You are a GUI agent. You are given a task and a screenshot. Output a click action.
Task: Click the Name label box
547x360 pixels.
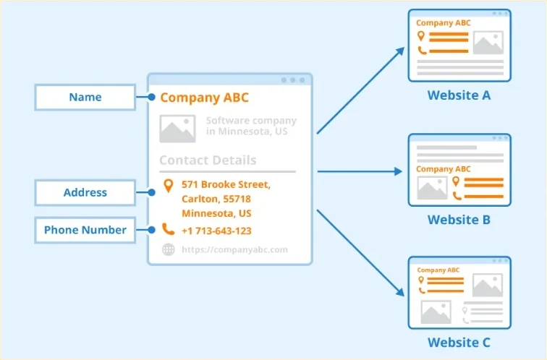tap(85, 98)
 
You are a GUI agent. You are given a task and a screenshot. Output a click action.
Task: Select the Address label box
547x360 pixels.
tap(85, 192)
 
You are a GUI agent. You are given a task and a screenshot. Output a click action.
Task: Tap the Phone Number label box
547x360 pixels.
tap(85, 230)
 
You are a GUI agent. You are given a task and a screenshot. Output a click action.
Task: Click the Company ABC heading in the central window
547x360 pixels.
tap(205, 98)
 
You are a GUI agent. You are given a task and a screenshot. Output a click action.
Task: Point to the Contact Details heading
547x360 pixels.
tap(208, 160)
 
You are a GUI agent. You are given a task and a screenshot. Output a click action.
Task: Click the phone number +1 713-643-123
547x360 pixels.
tap(216, 231)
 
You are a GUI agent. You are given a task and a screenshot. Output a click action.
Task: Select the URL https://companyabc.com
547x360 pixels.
tap(234, 249)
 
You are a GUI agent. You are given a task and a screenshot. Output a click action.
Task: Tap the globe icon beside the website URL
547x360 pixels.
tap(169, 249)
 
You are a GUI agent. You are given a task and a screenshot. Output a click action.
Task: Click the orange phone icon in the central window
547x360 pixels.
tap(168, 229)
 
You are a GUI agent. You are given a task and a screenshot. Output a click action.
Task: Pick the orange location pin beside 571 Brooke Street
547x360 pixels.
tap(169, 185)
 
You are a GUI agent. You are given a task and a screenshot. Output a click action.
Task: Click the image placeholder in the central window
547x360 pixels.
tap(177, 129)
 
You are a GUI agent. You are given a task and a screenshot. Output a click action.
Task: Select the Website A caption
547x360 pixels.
tap(459, 95)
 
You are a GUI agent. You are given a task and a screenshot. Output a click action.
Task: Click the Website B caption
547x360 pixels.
tap(459, 220)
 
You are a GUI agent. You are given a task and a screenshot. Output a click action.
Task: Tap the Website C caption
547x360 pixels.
tap(459, 343)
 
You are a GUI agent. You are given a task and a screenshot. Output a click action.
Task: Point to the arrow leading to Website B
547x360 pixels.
tap(360, 171)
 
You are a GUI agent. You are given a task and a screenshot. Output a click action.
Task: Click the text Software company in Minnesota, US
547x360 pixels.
tap(251, 126)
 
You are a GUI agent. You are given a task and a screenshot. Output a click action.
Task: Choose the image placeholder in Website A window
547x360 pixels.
tap(488, 43)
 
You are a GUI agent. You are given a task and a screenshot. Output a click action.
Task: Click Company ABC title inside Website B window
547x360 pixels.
tap(444, 169)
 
